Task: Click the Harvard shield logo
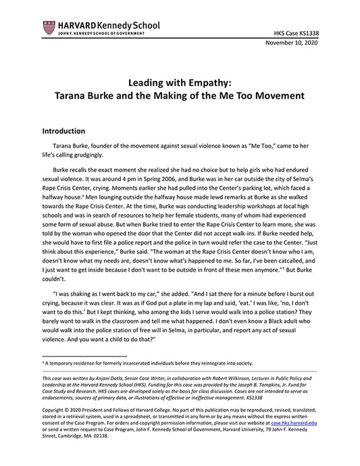coord(48,28)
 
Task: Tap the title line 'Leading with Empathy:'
coord(180,82)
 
